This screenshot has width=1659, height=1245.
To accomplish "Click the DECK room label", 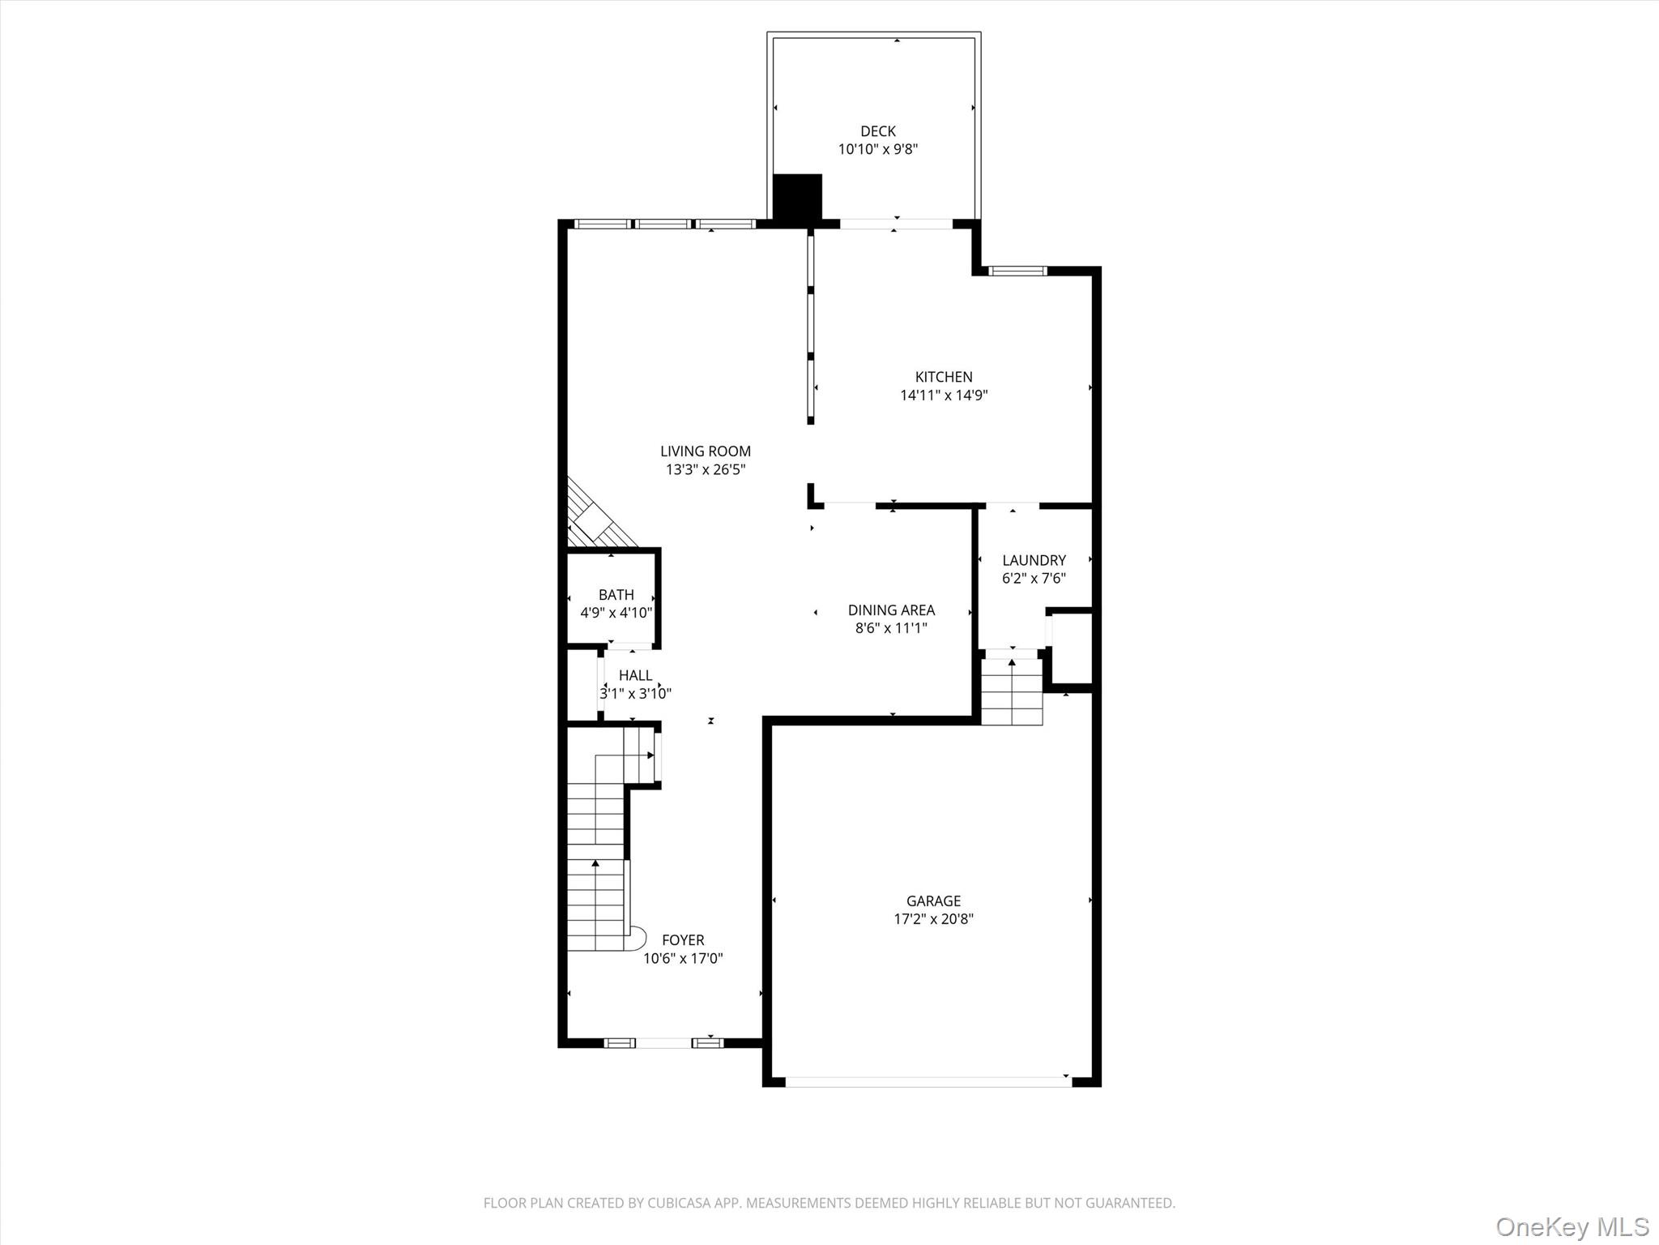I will pyautogui.click(x=877, y=130).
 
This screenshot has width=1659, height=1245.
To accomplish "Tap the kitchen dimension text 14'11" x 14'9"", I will pyautogui.click(x=944, y=396).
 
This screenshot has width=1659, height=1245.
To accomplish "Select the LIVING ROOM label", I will pyautogui.click(x=705, y=451).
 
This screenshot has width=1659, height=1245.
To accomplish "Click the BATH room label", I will pyautogui.click(x=616, y=595).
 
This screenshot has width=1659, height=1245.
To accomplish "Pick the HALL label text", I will pyautogui.click(x=635, y=675).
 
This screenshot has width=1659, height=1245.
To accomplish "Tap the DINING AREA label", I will pyautogui.click(x=891, y=610).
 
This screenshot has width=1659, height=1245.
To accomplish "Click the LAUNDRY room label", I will pyautogui.click(x=1034, y=560).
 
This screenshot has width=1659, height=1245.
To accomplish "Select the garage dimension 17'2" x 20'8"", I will pyautogui.click(x=933, y=919).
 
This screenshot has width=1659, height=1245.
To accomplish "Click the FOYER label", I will pyautogui.click(x=683, y=940).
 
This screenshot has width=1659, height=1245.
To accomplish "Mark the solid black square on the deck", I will pyautogui.click(x=797, y=196).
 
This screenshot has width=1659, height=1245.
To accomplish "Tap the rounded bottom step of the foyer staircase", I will pyautogui.click(x=637, y=939).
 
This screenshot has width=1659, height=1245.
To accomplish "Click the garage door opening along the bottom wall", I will pyautogui.click(x=928, y=1080).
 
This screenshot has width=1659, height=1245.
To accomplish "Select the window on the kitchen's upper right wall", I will pyautogui.click(x=1017, y=271).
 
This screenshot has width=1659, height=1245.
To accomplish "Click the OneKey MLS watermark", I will pyautogui.click(x=1572, y=1226).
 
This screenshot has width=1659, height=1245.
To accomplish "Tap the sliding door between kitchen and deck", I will pyautogui.click(x=895, y=224).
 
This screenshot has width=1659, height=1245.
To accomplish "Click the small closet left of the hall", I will pyautogui.click(x=582, y=685).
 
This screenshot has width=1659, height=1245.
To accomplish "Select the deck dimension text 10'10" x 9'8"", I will pyautogui.click(x=877, y=149).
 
